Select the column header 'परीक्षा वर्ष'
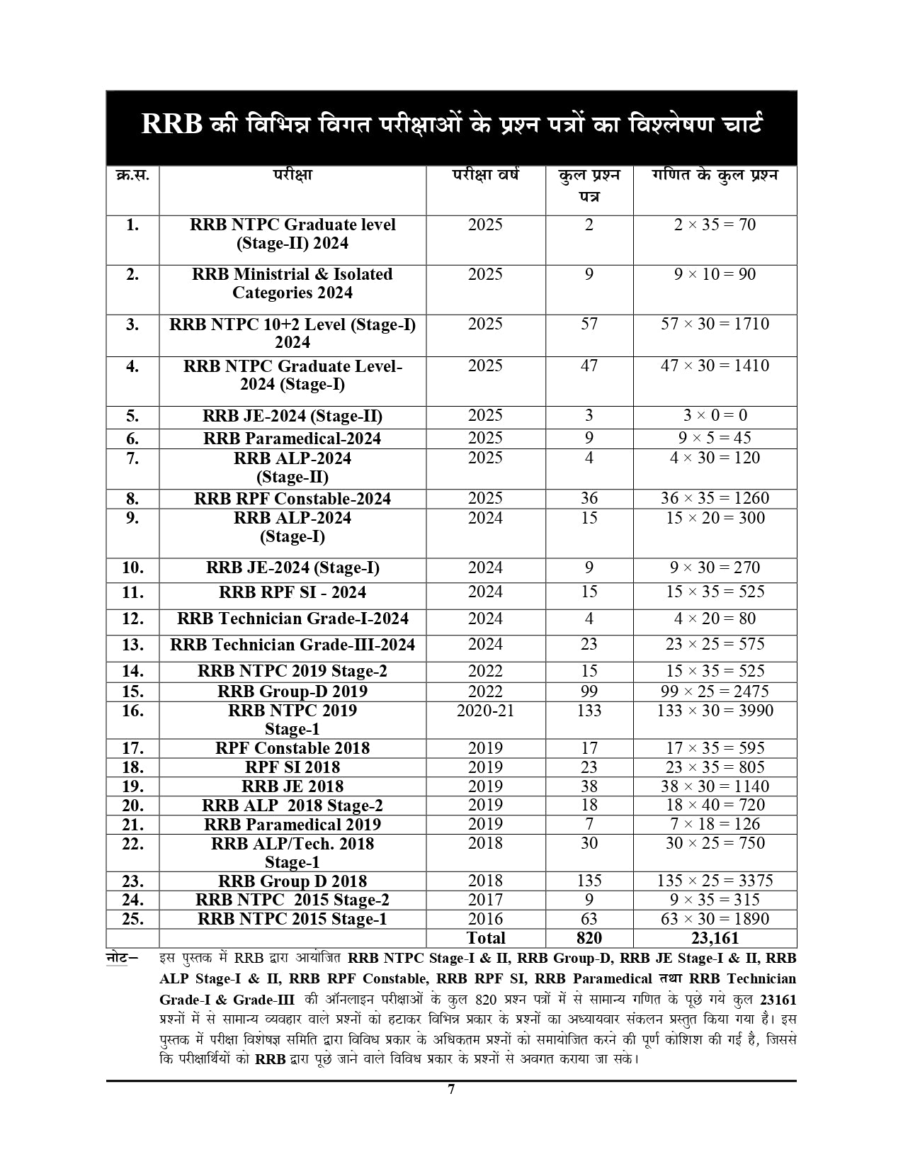[485, 174]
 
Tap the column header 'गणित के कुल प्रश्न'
[715, 175]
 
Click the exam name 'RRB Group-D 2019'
[292, 691]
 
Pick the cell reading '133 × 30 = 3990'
[715, 711]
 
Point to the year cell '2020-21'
[485, 711]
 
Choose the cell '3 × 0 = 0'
[715, 416]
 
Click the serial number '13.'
[132, 645]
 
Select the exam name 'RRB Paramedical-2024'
[292, 439]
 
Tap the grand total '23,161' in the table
[715, 938]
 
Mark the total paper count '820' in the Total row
[589, 938]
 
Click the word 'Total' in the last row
[485, 938]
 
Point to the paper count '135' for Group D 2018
[589, 881]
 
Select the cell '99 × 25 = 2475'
[715, 691]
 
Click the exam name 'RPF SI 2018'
[292, 767]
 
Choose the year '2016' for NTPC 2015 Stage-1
[485, 919]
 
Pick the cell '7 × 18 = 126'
[715, 824]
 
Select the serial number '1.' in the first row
[132, 225]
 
